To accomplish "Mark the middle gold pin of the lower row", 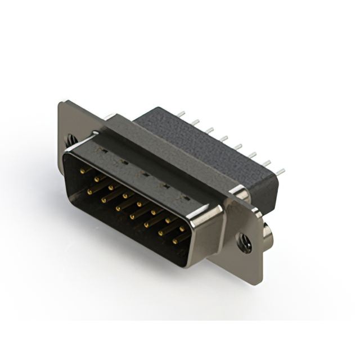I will (x=133, y=217).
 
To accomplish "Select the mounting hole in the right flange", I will (x=244, y=238).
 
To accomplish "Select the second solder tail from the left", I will (x=196, y=121).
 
